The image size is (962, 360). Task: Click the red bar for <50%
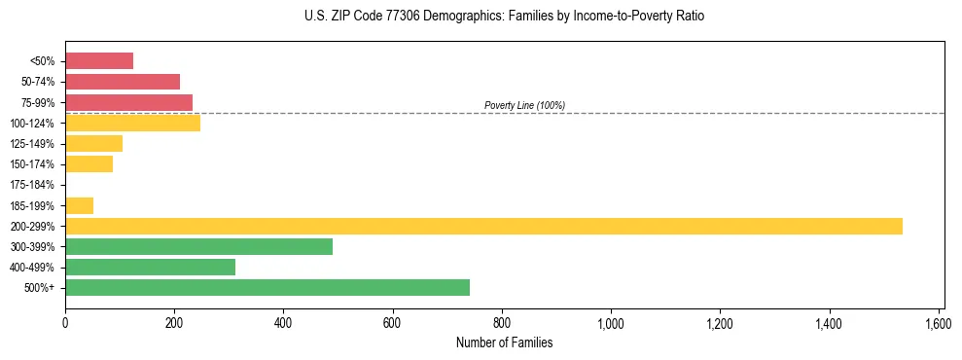tap(99, 61)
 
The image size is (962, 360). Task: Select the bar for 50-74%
tap(123, 82)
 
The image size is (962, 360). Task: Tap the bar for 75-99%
tap(128, 102)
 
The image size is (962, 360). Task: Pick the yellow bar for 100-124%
tap(132, 123)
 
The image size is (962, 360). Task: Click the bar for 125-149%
tap(93, 144)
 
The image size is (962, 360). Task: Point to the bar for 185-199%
tap(79, 205)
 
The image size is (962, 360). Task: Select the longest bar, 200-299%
tap(483, 226)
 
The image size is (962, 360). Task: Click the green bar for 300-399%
tap(198, 246)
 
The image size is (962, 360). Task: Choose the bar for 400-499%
tap(150, 267)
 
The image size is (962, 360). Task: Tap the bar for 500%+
tap(267, 287)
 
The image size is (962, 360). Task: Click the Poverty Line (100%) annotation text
tap(524, 105)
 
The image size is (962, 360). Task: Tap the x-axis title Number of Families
tap(504, 342)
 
